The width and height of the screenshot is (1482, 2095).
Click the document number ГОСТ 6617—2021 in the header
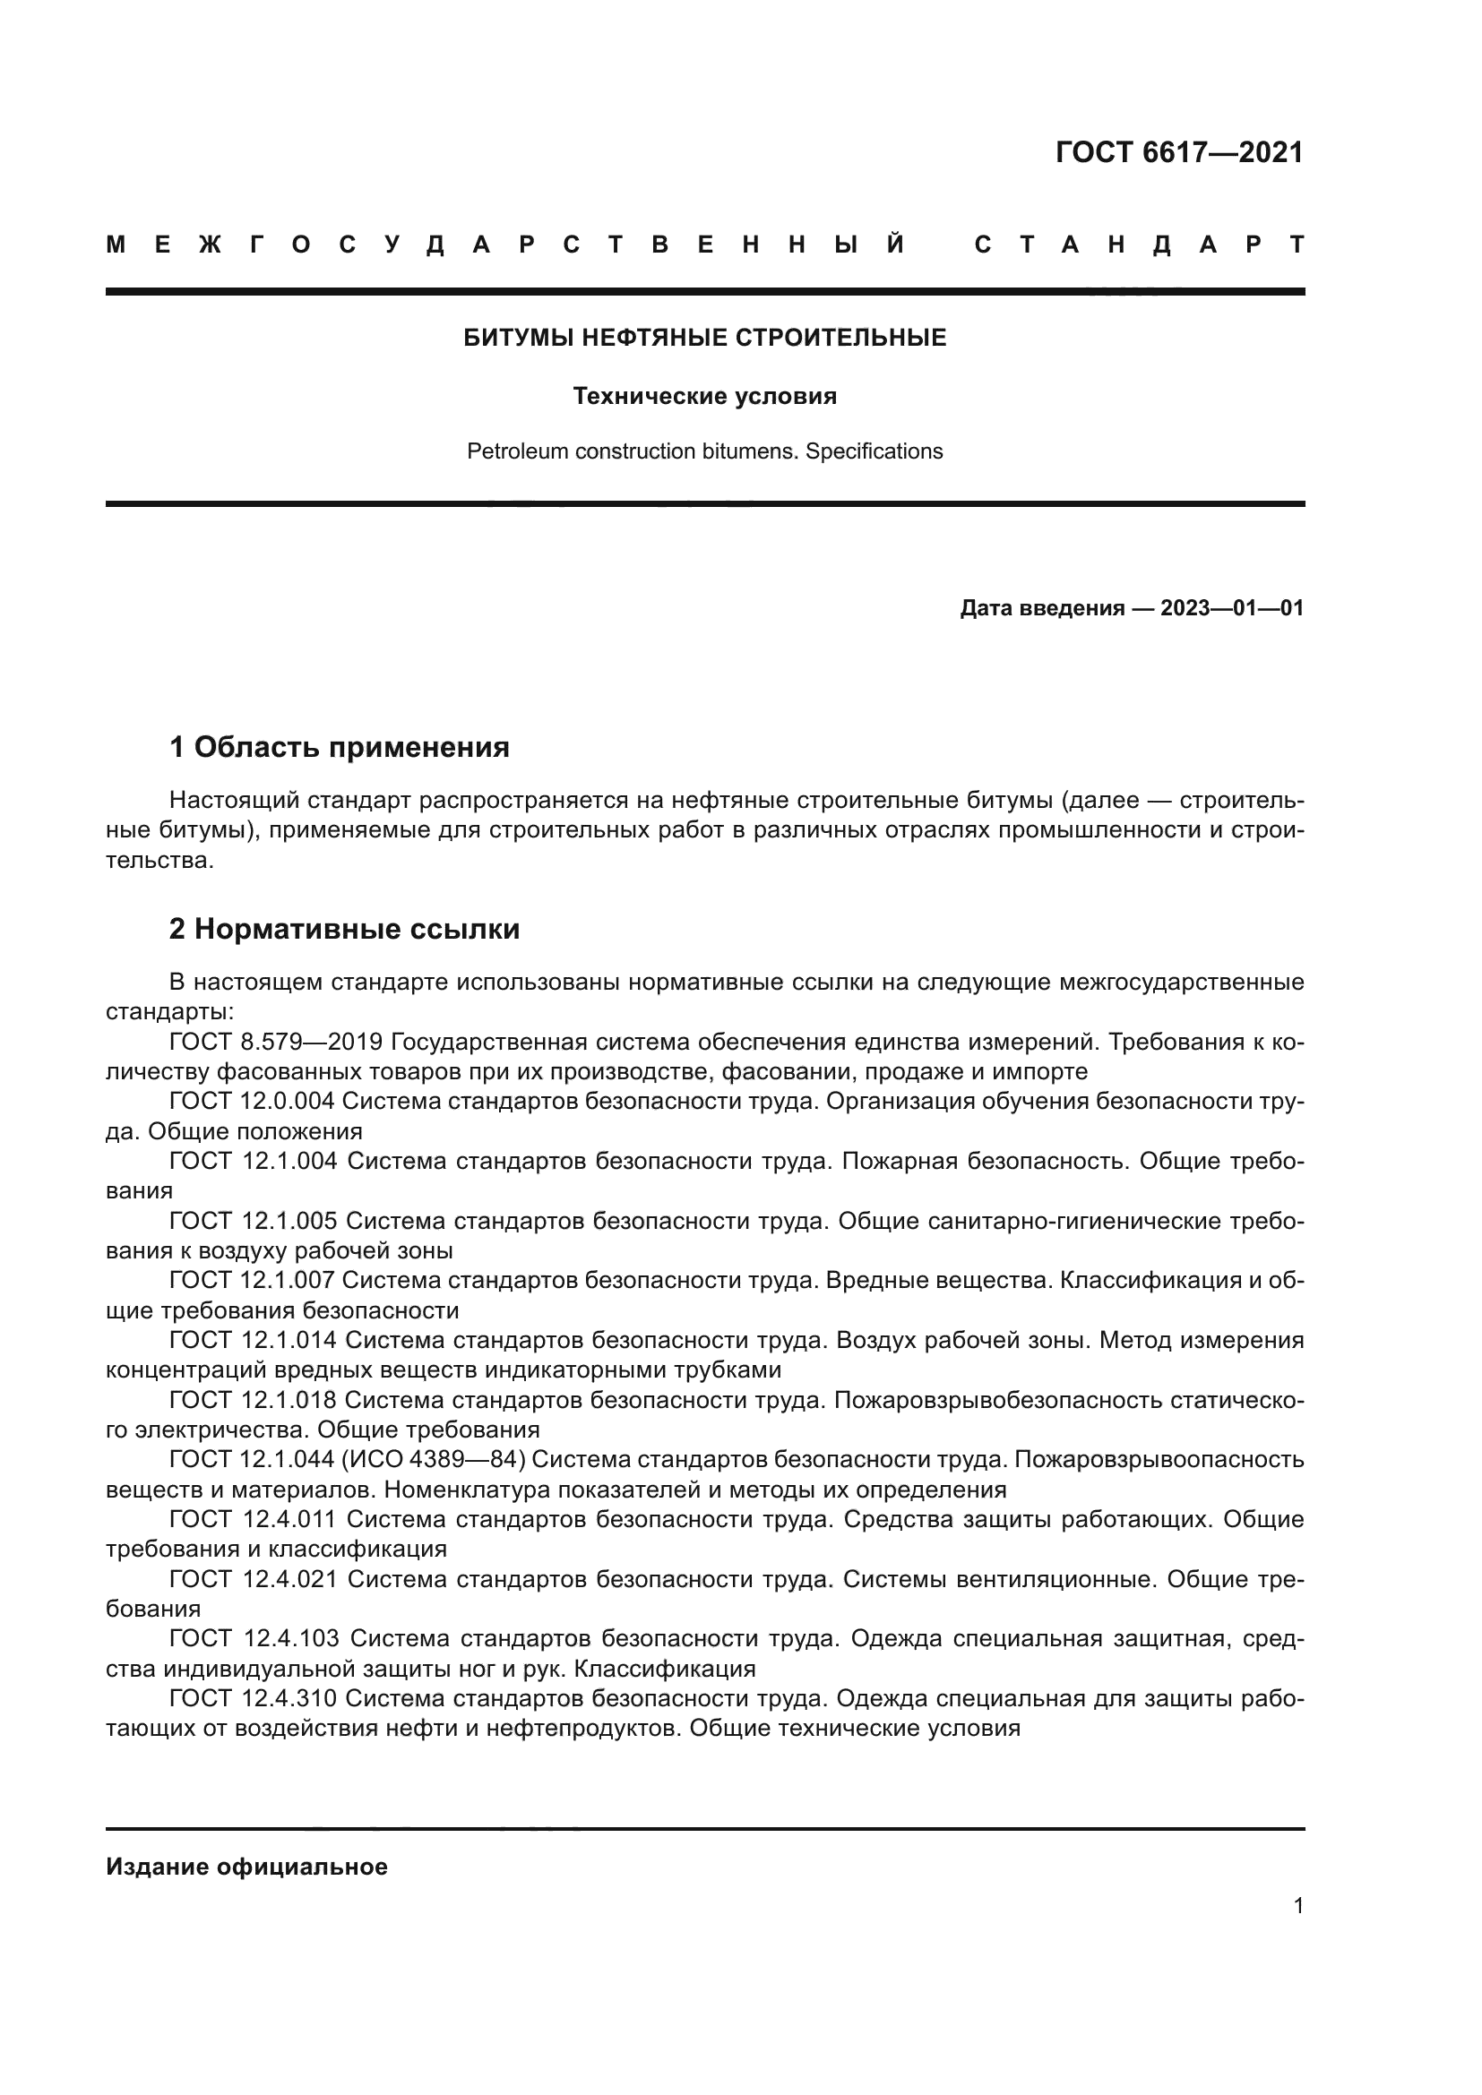tap(1179, 152)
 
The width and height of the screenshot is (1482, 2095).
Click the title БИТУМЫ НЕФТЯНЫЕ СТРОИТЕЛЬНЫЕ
tap(704, 339)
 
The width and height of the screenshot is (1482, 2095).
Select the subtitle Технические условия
tap(704, 396)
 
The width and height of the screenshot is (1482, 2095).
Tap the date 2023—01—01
tap(1232, 607)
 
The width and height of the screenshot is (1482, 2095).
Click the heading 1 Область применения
tap(340, 747)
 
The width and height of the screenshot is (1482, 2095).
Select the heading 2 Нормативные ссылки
tap(345, 929)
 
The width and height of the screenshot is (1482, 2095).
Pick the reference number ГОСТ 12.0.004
tap(252, 1102)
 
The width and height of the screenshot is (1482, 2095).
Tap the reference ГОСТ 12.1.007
tap(252, 1280)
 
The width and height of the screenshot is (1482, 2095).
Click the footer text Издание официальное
tap(246, 1867)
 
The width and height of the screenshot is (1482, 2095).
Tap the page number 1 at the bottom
tap(1297, 1905)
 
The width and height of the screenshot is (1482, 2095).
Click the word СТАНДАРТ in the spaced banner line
tap(1139, 245)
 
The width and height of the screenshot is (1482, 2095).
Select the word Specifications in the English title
tap(874, 451)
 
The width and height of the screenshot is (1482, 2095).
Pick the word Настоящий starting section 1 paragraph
tap(235, 800)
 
